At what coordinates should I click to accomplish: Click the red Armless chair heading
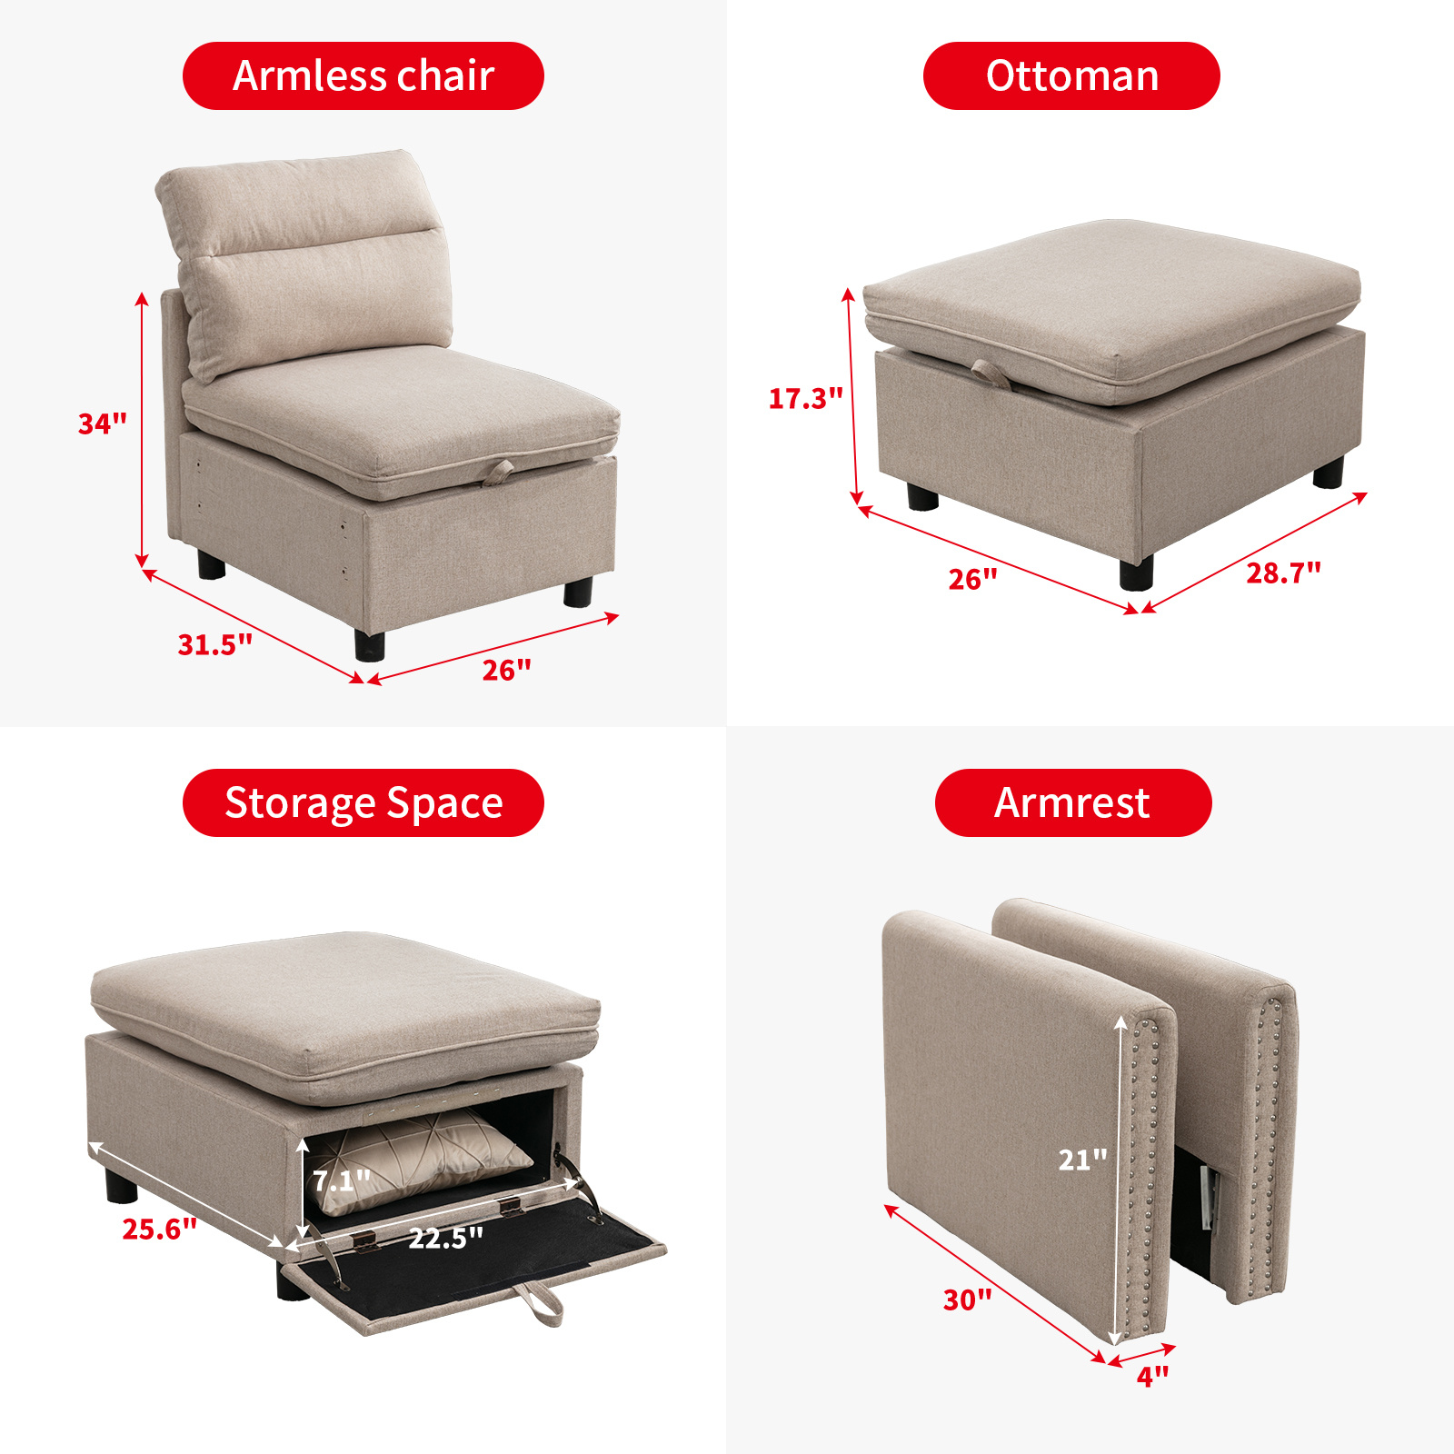click(363, 75)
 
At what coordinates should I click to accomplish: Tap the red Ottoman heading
click(1071, 75)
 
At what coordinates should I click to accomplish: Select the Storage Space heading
click(363, 802)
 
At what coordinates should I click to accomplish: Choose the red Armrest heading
click(1072, 802)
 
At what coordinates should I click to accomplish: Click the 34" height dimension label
click(102, 423)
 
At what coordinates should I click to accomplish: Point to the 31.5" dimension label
click(214, 644)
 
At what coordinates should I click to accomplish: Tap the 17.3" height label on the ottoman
click(805, 398)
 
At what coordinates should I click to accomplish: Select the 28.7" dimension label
click(1283, 573)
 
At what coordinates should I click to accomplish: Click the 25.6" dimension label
click(159, 1229)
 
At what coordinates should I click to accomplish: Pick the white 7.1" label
click(341, 1180)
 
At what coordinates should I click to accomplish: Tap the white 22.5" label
click(445, 1238)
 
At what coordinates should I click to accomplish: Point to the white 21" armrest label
click(1082, 1160)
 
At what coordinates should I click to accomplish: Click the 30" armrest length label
click(967, 1300)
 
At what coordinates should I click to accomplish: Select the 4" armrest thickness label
click(1152, 1377)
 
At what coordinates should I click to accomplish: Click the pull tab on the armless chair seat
click(498, 470)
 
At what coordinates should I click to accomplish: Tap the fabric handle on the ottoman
click(991, 373)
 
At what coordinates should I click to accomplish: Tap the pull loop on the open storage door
click(541, 1305)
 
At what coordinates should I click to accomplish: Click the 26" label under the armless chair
click(506, 670)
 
